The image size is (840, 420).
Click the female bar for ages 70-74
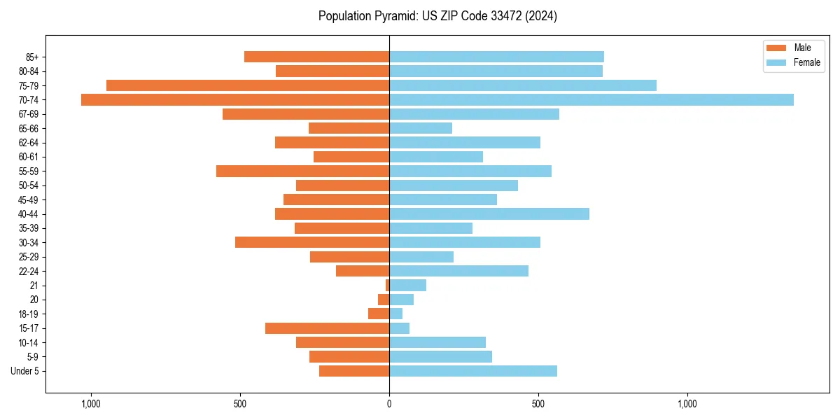pyautogui.click(x=591, y=99)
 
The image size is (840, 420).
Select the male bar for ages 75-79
pyautogui.click(x=248, y=85)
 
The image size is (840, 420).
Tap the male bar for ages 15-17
pyautogui.click(x=327, y=328)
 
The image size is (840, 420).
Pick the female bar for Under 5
pyautogui.click(x=473, y=371)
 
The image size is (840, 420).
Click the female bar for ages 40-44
pyautogui.click(x=489, y=214)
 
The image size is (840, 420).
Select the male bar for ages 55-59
pyautogui.click(x=302, y=171)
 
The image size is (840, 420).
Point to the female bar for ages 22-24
pyautogui.click(x=458, y=271)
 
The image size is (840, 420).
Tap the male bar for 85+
pyautogui.click(x=316, y=57)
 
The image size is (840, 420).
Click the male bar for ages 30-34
pyautogui.click(x=312, y=242)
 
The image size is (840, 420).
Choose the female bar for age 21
pyautogui.click(x=407, y=286)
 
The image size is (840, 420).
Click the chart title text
pyautogui.click(x=437, y=16)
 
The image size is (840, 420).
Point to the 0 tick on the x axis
pyautogui.click(x=389, y=405)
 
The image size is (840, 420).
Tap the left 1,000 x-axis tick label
pyautogui.click(x=91, y=405)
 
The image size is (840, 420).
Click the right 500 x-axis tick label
pyautogui.click(x=538, y=405)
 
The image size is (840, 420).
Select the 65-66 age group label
pyautogui.click(x=29, y=129)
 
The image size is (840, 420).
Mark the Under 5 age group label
pyautogui.click(x=25, y=371)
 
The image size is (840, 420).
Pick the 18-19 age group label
pyautogui.click(x=29, y=314)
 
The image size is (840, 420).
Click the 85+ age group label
pyautogui.click(x=32, y=57)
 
